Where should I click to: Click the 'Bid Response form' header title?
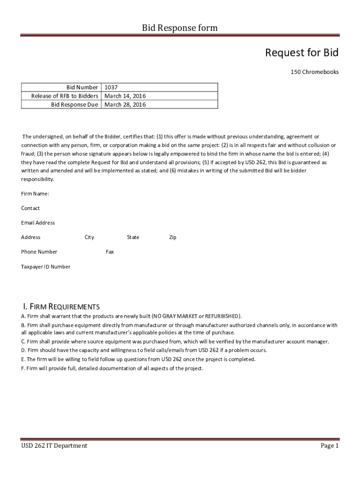point(180,28)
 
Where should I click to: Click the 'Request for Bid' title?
point(302,53)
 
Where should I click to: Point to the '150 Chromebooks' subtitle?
point(315,72)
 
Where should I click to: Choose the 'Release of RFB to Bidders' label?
point(65,96)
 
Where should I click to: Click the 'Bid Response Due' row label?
point(75,105)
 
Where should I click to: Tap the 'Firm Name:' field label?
point(35,194)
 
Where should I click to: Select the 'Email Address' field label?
point(38,223)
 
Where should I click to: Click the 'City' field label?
point(89,237)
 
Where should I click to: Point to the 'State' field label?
point(133,237)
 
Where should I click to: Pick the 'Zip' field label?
point(173,237)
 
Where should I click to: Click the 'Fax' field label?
point(110,252)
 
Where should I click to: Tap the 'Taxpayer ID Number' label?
point(46,267)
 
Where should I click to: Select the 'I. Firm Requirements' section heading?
point(61,307)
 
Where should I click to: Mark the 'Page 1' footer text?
point(330,446)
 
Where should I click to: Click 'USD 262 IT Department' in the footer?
point(54,446)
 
